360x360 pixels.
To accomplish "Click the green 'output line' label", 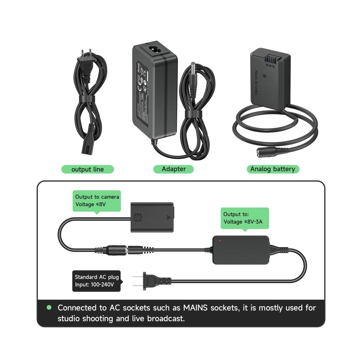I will [x=87, y=169].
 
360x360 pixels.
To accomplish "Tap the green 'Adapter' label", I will [x=174, y=169].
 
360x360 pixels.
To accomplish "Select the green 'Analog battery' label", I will [x=273, y=169].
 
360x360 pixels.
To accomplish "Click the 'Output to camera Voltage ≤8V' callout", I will [x=97, y=201].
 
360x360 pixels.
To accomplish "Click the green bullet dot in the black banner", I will [x=49, y=308].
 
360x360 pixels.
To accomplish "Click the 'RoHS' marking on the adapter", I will [x=140, y=67].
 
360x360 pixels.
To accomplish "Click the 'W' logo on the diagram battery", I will [x=137, y=218].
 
